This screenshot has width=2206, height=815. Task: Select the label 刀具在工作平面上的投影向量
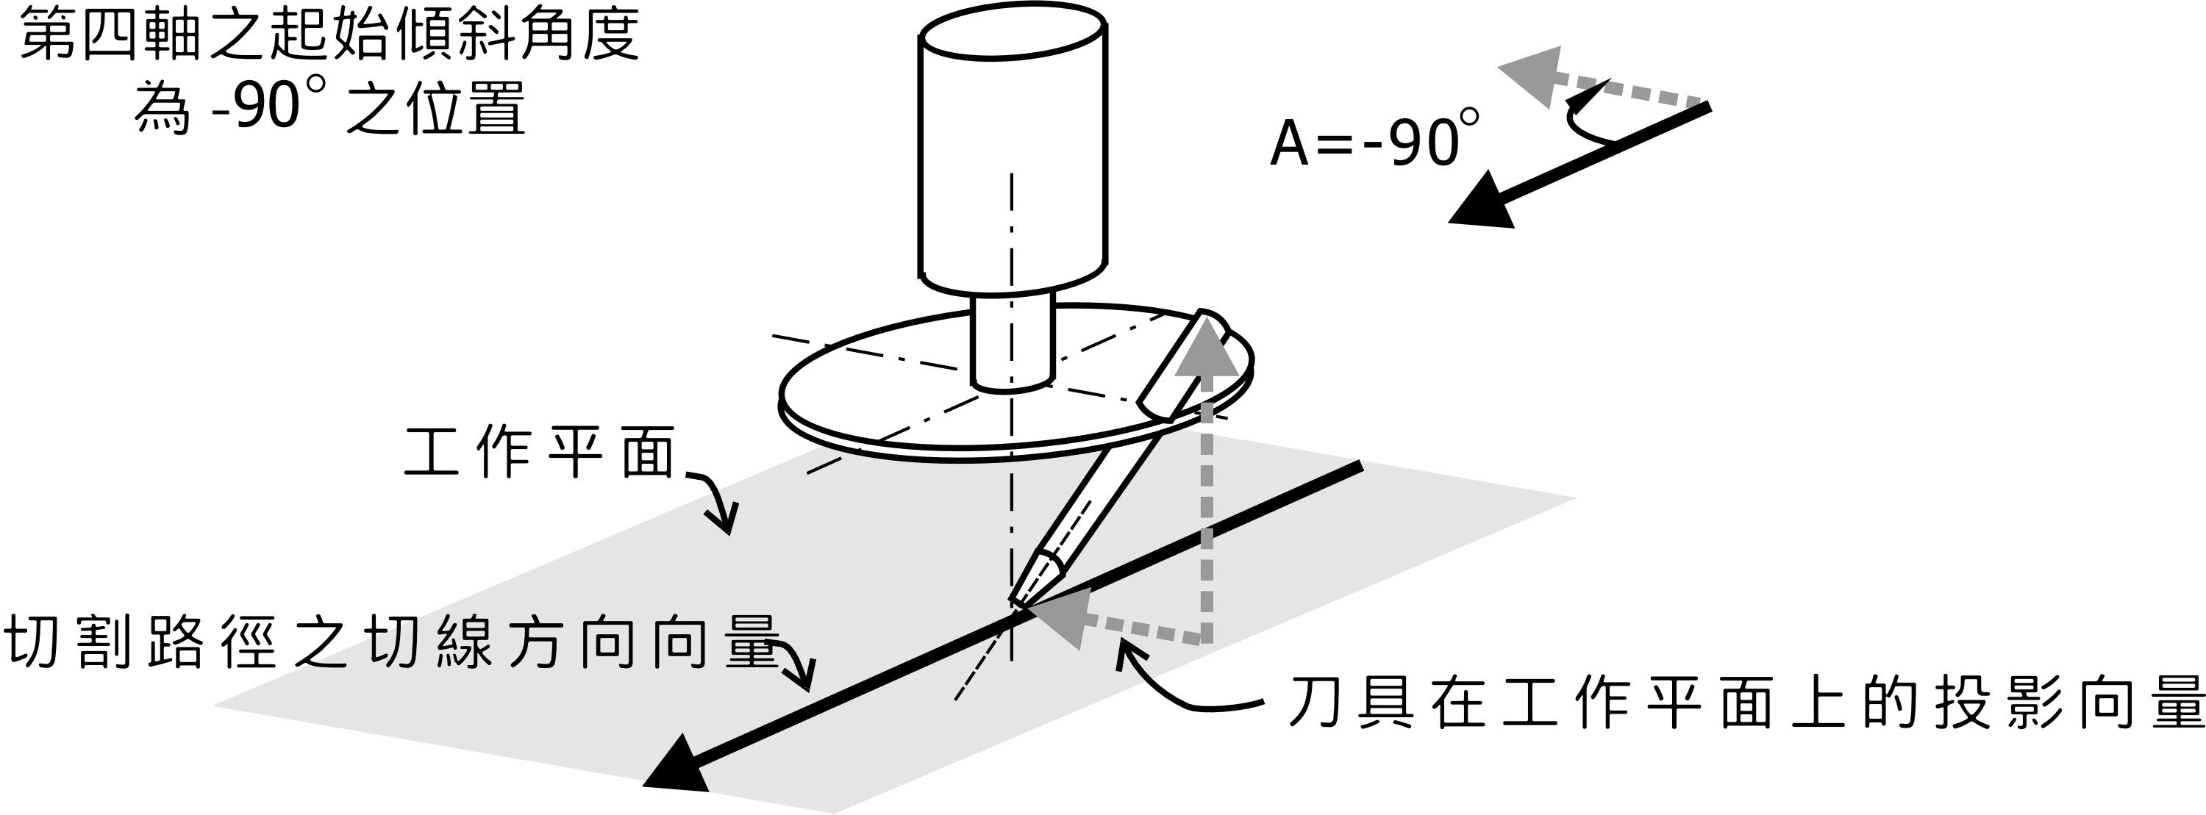coord(1747,704)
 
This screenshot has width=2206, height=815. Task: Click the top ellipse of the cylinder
coord(1011,31)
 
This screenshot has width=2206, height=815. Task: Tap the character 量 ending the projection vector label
coord(2180,704)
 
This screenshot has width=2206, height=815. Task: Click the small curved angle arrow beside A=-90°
coord(1585,115)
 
